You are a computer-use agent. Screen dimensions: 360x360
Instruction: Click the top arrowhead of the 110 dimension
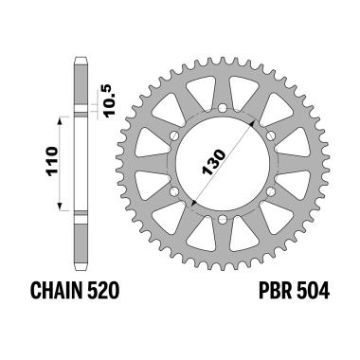coord(59,119)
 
